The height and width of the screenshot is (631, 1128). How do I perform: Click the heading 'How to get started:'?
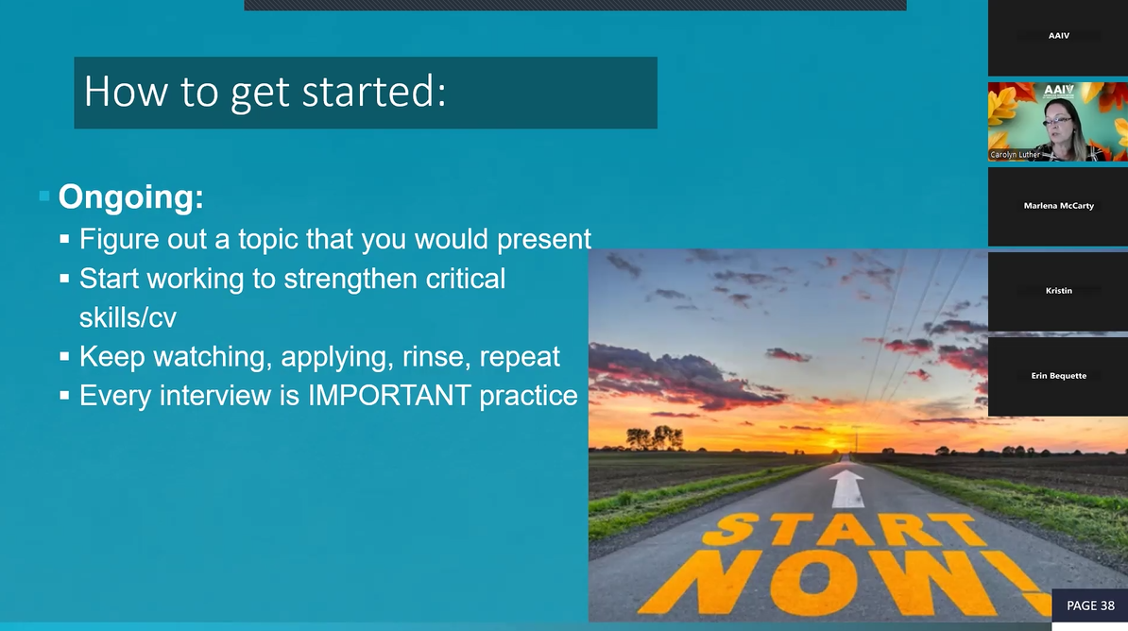[265, 93]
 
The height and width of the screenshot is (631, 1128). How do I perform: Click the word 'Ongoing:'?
[130, 197]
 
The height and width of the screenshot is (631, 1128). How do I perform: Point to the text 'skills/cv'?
[128, 317]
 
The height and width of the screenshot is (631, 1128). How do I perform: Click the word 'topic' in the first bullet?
[262, 239]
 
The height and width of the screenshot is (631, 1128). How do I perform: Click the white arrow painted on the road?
[846, 488]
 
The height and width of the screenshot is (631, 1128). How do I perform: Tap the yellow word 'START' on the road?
[839, 531]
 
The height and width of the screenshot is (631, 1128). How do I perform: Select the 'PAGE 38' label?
[1089, 605]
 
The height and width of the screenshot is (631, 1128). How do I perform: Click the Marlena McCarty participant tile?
[1058, 206]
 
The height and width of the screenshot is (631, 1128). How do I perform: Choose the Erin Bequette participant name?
[1058, 376]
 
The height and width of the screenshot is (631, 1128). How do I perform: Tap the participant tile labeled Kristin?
[1058, 291]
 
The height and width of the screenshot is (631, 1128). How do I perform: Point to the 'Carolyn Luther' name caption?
[1015, 154]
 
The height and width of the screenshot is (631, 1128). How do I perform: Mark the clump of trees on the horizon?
[654, 437]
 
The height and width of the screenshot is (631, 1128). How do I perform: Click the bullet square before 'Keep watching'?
[64, 358]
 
